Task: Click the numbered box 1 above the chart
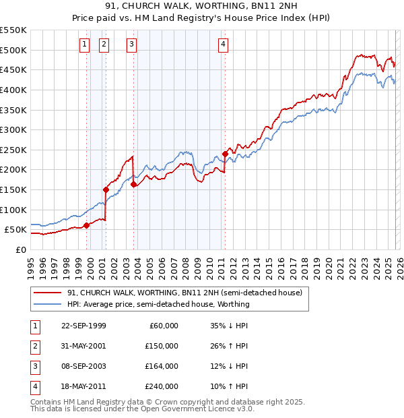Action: (84, 44)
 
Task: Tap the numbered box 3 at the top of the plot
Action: (131, 44)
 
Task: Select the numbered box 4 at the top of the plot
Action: (223, 44)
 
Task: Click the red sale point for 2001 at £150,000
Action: (106, 189)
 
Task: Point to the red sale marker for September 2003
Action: (133, 184)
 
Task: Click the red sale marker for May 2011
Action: (225, 154)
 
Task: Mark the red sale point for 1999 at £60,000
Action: (86, 226)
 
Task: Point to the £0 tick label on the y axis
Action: (21, 249)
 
